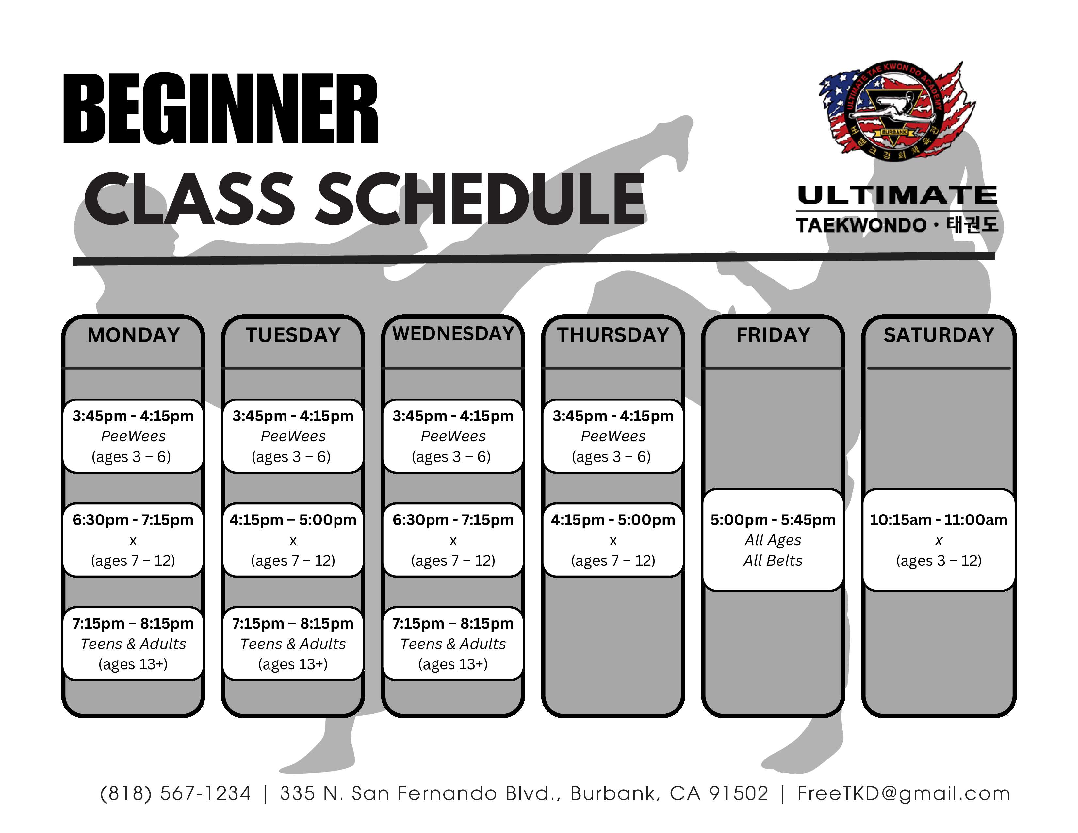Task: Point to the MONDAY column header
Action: tap(133, 335)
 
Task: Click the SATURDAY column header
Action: tap(938, 335)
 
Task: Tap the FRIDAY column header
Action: tap(773, 335)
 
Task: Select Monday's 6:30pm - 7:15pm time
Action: tap(133, 520)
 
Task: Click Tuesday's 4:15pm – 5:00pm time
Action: tap(293, 520)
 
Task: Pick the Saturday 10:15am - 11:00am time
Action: tap(938, 520)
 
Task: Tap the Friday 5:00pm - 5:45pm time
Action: tap(773, 520)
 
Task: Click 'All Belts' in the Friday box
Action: tap(773, 561)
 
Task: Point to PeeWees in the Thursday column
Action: tap(613, 436)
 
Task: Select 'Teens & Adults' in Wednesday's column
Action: tap(453, 644)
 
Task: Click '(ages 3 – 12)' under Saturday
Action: tap(938, 561)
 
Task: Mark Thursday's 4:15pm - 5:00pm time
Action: tap(613, 520)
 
